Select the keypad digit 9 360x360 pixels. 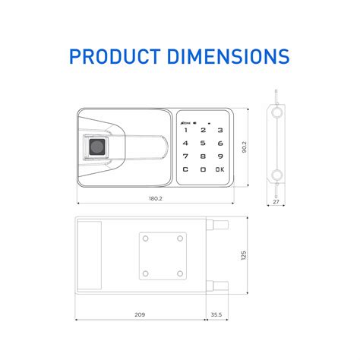[219, 155]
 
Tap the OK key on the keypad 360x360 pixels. [219, 169]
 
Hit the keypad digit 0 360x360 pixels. [203, 169]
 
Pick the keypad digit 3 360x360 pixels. [219, 128]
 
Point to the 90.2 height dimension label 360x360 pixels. [244, 147]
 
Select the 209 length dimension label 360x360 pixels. [140, 314]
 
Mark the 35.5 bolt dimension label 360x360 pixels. [216, 314]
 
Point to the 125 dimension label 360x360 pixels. [244, 256]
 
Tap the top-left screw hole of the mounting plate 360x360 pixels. [146, 239]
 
